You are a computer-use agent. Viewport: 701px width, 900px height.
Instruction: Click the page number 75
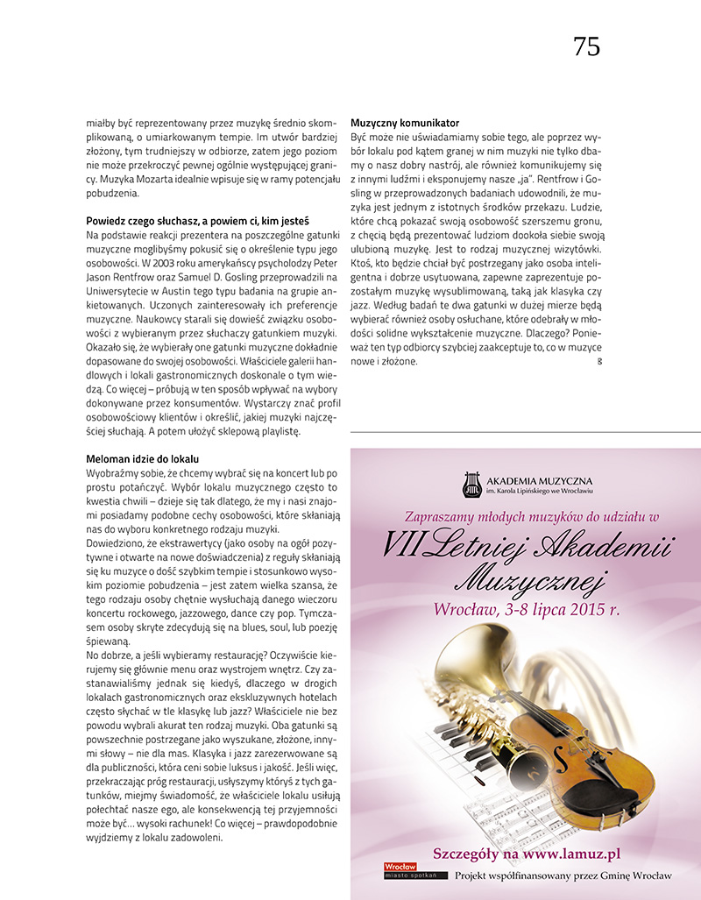[586, 47]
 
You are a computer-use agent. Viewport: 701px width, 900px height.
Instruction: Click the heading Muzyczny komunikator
[404, 123]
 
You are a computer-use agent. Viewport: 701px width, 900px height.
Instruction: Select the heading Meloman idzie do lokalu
[143, 459]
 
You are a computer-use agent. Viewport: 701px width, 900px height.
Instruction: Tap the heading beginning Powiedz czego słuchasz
[197, 221]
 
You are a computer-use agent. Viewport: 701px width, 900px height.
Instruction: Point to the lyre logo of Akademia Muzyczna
[471, 484]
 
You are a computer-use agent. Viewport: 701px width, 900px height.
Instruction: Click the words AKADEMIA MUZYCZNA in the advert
[539, 481]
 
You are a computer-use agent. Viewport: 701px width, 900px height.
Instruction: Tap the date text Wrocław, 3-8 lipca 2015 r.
[527, 609]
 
